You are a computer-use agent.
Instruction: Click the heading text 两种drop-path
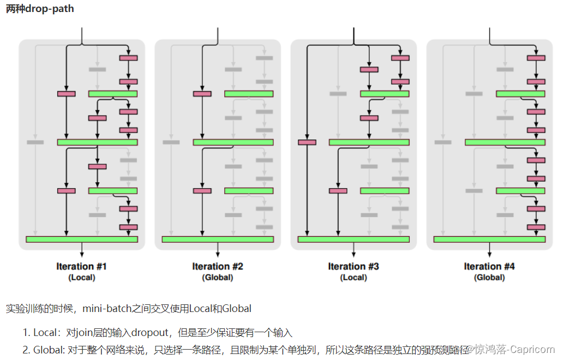(40, 9)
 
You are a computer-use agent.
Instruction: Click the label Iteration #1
(82, 266)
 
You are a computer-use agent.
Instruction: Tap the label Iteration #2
(218, 266)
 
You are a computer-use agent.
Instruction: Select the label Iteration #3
(354, 266)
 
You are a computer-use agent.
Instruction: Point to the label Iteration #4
(489, 266)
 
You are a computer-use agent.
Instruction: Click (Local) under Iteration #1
(82, 277)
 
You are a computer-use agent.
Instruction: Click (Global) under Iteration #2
(218, 277)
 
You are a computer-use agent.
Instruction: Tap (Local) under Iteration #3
(354, 277)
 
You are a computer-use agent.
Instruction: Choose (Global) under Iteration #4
(489, 277)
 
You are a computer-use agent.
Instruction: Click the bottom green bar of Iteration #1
(82, 239)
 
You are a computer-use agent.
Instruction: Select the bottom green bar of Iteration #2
(218, 239)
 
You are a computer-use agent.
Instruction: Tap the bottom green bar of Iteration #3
(354, 239)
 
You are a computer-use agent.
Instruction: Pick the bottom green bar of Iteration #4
(489, 239)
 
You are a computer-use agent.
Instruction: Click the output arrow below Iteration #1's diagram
(82, 249)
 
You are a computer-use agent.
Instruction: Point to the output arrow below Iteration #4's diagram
(489, 249)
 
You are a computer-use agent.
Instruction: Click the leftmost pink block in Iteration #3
(307, 142)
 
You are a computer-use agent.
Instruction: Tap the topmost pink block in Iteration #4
(536, 58)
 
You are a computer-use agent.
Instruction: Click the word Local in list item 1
(45, 333)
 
